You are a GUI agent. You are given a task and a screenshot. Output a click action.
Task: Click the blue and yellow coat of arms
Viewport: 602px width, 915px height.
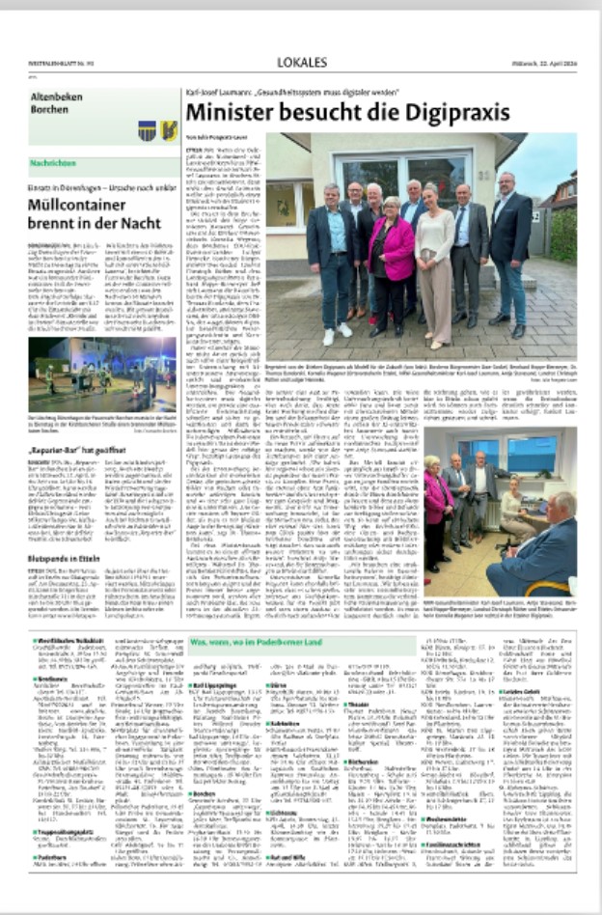[147, 129]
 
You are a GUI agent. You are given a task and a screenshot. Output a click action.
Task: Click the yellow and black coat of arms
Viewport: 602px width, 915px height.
[169, 129]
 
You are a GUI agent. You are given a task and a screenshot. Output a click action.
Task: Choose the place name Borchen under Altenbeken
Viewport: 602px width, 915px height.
[55, 109]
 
